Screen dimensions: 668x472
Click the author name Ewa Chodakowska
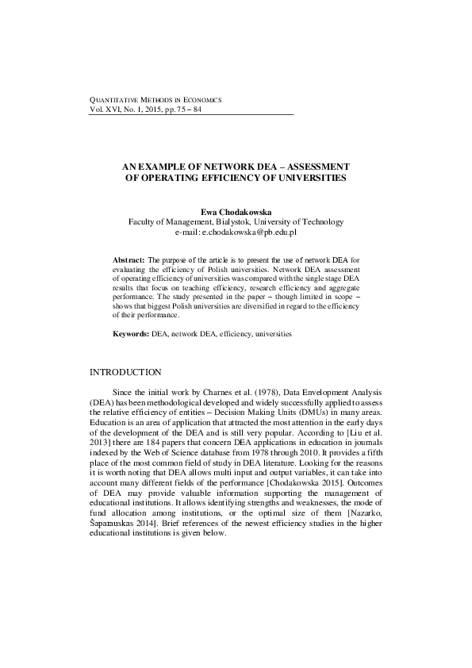pos(235,213)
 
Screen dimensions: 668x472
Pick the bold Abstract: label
pos(129,260)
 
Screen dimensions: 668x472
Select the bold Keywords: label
pos(131,335)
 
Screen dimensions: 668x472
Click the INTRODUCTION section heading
pos(126,372)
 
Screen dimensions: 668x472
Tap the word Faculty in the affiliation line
pos(144,223)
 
